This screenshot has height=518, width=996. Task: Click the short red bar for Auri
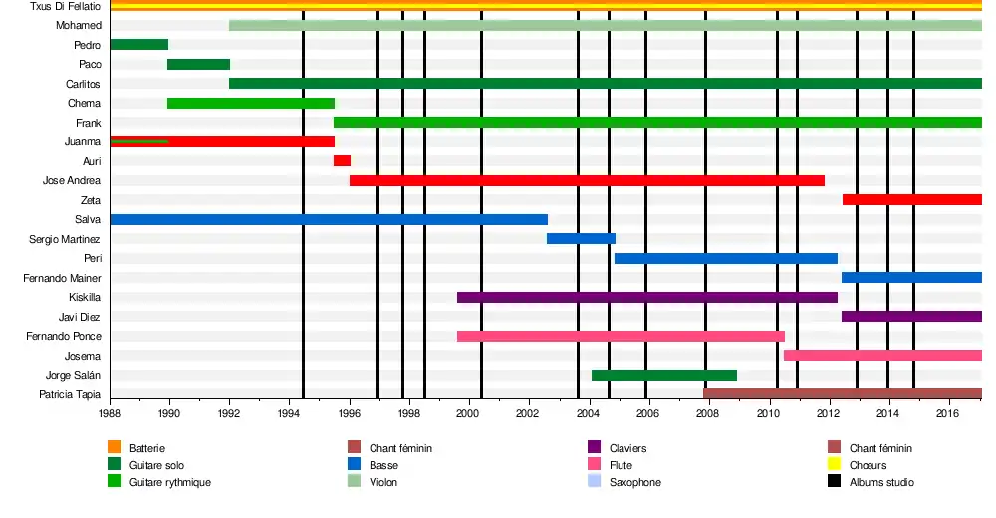(x=342, y=160)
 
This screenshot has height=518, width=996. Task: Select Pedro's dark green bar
(x=138, y=44)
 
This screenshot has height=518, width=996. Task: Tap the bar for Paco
(x=198, y=64)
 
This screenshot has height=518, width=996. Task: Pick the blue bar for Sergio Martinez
(x=581, y=238)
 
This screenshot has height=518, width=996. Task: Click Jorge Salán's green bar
(x=663, y=375)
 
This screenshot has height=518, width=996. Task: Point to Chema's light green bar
(x=251, y=103)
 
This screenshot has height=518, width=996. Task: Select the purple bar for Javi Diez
(x=911, y=316)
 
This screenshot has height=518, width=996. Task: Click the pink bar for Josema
(x=882, y=355)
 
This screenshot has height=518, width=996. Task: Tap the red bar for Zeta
(x=911, y=199)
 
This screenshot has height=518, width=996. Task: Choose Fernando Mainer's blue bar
(x=911, y=277)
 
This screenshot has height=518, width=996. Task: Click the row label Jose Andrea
(x=72, y=180)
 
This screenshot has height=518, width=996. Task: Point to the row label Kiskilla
(x=84, y=297)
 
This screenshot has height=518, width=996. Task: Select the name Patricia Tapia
(x=68, y=394)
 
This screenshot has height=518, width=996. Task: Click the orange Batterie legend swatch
(x=114, y=448)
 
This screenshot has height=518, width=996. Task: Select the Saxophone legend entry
(x=634, y=482)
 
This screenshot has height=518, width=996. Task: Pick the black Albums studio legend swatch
(x=834, y=482)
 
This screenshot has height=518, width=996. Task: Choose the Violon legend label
(x=384, y=482)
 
